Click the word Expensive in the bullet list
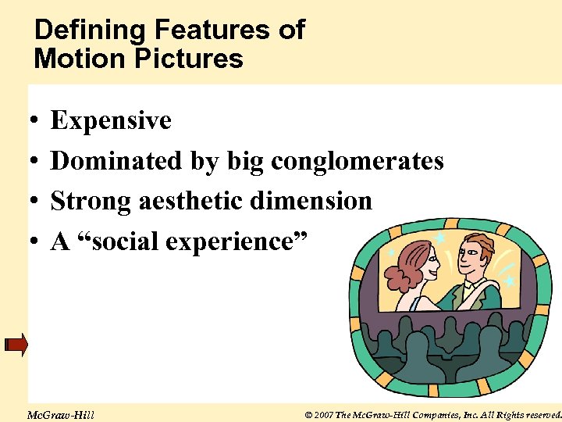click(x=111, y=120)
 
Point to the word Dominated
click(x=117, y=161)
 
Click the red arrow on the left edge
click(x=16, y=344)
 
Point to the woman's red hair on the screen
click(x=410, y=270)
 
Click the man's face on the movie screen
click(x=474, y=255)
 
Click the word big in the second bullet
click(x=245, y=162)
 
